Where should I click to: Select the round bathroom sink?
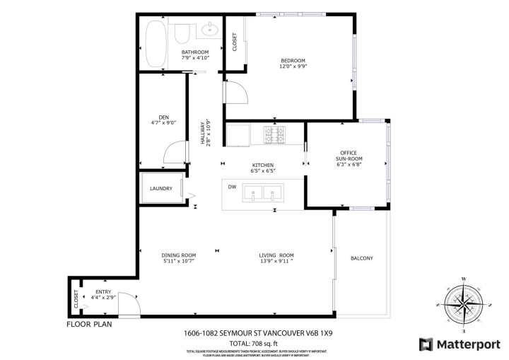209,30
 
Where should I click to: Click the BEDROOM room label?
293,61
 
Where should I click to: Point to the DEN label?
163,117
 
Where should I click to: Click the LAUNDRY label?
161,188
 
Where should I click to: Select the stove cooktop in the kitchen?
274,134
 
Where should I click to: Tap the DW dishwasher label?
232,187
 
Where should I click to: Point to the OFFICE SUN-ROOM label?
348,156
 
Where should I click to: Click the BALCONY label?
361,257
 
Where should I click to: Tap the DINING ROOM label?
178,255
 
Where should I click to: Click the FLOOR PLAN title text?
89,325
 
